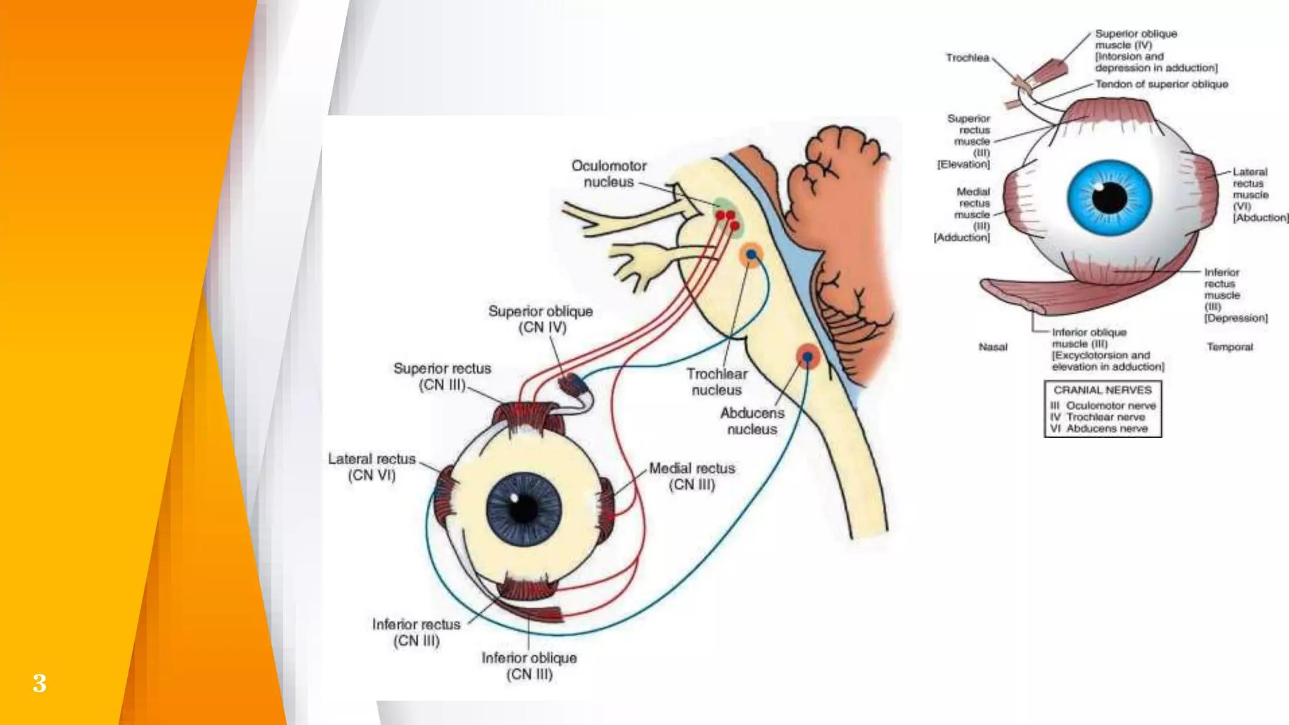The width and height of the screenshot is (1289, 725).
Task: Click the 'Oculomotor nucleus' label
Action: pyautogui.click(x=609, y=174)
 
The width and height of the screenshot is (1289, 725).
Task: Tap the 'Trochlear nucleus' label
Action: pyautogui.click(x=717, y=382)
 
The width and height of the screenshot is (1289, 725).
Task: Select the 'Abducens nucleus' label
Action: pyautogui.click(x=752, y=421)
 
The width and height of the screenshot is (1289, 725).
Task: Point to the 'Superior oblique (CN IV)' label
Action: pyautogui.click(x=541, y=319)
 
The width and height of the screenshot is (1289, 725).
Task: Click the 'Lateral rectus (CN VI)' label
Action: pyautogui.click(x=372, y=467)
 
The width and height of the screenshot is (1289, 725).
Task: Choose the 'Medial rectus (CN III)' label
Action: pyautogui.click(x=692, y=476)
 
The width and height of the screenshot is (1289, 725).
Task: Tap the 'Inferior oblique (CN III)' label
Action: pyautogui.click(x=529, y=666)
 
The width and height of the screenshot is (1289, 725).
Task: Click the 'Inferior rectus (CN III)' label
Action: pyautogui.click(x=416, y=632)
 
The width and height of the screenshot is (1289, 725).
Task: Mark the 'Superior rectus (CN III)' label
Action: pyautogui.click(x=442, y=376)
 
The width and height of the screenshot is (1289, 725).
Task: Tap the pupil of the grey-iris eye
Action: pyautogui.click(x=522, y=508)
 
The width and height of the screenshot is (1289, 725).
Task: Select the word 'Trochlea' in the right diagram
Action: pyautogui.click(x=967, y=58)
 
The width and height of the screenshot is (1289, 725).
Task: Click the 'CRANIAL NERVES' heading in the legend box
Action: pyautogui.click(x=1103, y=390)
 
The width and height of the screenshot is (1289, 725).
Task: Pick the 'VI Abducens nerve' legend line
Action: pyautogui.click(x=1099, y=429)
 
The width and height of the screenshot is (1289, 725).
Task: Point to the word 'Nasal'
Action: pyautogui.click(x=993, y=347)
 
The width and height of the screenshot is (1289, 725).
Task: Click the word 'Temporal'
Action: pyautogui.click(x=1230, y=347)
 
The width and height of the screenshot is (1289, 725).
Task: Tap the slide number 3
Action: pyautogui.click(x=40, y=683)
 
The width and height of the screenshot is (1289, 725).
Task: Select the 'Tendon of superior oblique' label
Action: pyautogui.click(x=1162, y=84)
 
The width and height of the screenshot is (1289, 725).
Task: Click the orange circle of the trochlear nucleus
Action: pyautogui.click(x=750, y=255)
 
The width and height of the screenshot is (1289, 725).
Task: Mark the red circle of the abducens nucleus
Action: pyautogui.click(x=808, y=357)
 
